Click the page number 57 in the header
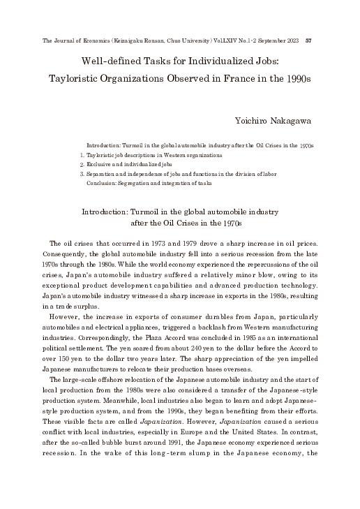click(x=308, y=40)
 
